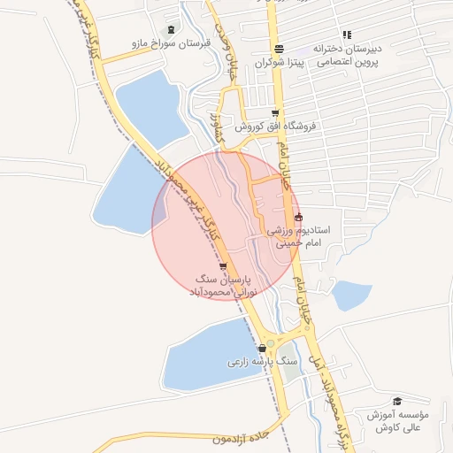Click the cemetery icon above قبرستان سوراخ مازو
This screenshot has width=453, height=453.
click(171, 29)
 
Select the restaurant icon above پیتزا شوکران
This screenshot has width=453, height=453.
click(280, 50)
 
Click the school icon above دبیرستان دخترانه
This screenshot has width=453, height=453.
click(347, 35)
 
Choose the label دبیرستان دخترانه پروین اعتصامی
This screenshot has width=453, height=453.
click(349, 55)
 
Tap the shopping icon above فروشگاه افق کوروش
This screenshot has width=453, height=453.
click(276, 112)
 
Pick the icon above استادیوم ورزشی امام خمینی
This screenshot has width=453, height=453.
click(297, 217)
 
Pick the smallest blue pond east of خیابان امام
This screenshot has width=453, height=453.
click(350, 295)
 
